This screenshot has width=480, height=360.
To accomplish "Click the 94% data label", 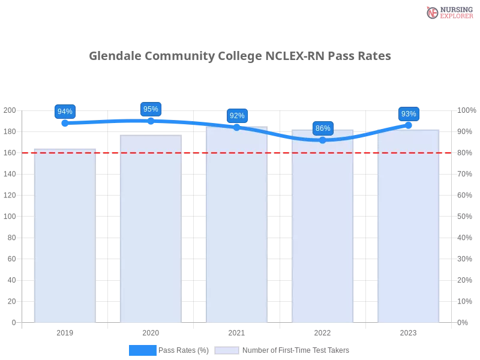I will [x=64, y=112].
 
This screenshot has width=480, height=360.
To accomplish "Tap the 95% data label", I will [x=150, y=109].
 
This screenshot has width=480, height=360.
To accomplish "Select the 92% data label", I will [x=237, y=116].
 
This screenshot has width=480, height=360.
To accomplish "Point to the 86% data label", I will [x=323, y=128].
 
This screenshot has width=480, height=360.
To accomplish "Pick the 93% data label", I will [x=409, y=114].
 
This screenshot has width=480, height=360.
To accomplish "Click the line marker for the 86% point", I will [x=323, y=140].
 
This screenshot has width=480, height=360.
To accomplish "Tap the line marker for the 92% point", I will [x=237, y=127].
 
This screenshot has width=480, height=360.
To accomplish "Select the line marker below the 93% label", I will [x=409, y=125].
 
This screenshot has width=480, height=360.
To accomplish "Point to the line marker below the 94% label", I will [x=65, y=124].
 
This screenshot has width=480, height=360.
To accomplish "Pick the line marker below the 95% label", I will [x=150, y=120].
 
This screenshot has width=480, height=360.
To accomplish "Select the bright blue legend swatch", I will [x=143, y=350].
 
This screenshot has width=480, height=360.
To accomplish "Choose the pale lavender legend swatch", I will [x=227, y=350].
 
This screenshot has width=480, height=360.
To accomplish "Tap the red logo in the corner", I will [x=433, y=13].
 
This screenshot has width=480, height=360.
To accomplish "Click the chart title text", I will [x=240, y=56].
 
